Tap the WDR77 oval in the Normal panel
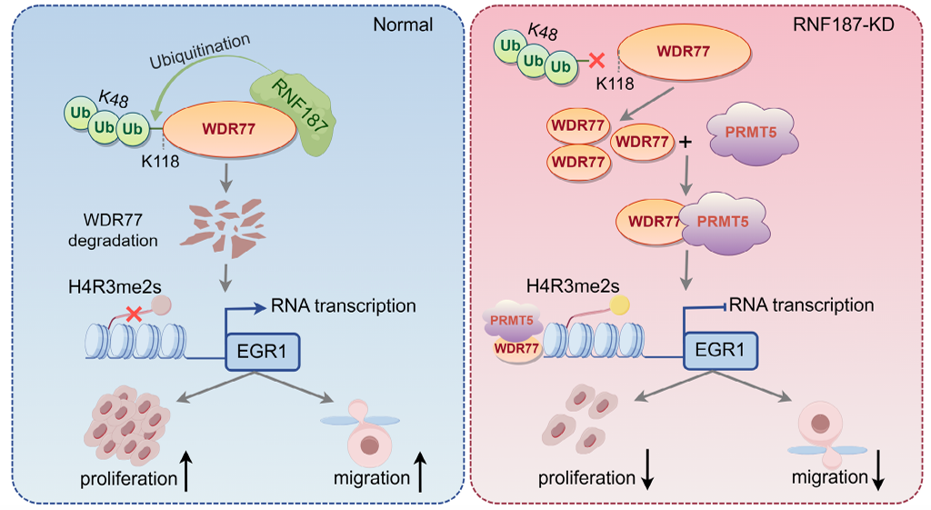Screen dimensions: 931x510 [229, 129]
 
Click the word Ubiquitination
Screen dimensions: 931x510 [200, 51]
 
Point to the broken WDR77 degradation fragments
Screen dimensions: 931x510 [224, 227]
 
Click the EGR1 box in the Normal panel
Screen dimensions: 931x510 [262, 352]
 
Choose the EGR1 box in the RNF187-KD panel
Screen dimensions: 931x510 [720, 350]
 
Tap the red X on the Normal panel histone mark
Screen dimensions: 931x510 [135, 314]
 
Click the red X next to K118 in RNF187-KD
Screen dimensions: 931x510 [596, 60]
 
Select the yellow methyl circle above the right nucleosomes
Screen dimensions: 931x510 [620, 305]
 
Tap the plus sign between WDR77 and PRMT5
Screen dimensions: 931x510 [686, 142]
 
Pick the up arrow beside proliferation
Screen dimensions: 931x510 [185, 472]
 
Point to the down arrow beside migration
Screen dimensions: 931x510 [877, 470]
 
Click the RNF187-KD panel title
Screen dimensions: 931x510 [843, 25]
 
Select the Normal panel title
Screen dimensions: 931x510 [403, 25]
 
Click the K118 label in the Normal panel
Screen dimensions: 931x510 [160, 162]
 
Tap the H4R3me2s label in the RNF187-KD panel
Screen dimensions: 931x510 [573, 286]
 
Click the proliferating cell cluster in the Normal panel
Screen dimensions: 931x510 [127, 425]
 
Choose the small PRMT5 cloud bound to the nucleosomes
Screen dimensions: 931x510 [512, 321]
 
